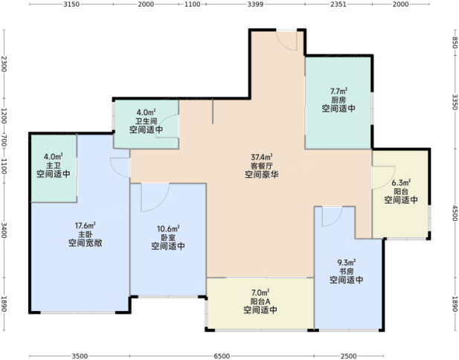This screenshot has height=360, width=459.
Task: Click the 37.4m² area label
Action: (262, 157)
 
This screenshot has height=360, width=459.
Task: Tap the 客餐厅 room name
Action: (262, 166)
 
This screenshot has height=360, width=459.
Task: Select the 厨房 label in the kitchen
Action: (338, 100)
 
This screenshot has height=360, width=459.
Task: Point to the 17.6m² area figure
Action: (86, 225)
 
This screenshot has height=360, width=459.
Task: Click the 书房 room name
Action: (347, 271)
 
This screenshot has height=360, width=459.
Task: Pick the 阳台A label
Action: (260, 301)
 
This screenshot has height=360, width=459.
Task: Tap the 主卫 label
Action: (54, 165)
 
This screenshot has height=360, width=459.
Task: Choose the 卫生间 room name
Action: (146, 121)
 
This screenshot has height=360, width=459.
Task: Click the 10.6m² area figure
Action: (168, 228)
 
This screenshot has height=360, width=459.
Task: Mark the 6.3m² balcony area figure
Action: (401, 183)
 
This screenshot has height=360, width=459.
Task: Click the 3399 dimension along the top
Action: (255, 4)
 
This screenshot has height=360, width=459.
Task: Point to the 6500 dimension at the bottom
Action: (222, 356)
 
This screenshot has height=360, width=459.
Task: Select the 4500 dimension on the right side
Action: (455, 213)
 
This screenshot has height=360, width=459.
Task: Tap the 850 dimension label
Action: (455, 42)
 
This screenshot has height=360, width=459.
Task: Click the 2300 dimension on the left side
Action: (4, 64)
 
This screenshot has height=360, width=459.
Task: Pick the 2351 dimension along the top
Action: (338, 4)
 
